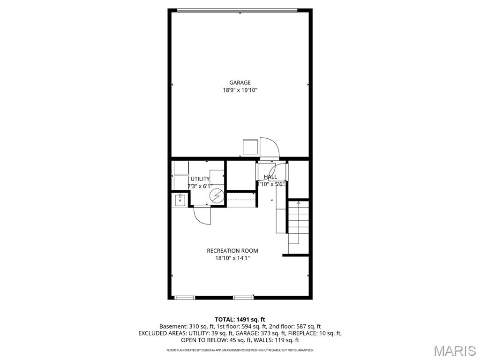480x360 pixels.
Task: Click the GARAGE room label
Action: [240, 83]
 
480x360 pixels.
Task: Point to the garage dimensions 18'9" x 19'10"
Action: [240, 90]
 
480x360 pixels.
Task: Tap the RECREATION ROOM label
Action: [232, 251]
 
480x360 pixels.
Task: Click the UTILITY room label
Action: [200, 179]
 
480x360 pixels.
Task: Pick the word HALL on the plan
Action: [270, 177]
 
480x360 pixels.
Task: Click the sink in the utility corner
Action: [180, 200]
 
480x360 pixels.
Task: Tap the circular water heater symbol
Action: [217, 196]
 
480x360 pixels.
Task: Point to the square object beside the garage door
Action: [249, 147]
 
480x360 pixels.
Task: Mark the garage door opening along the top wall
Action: [237, 10]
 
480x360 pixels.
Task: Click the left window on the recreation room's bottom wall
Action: [184, 297]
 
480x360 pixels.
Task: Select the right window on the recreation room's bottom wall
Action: [242, 297]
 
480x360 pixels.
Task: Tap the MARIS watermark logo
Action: [454, 350]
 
